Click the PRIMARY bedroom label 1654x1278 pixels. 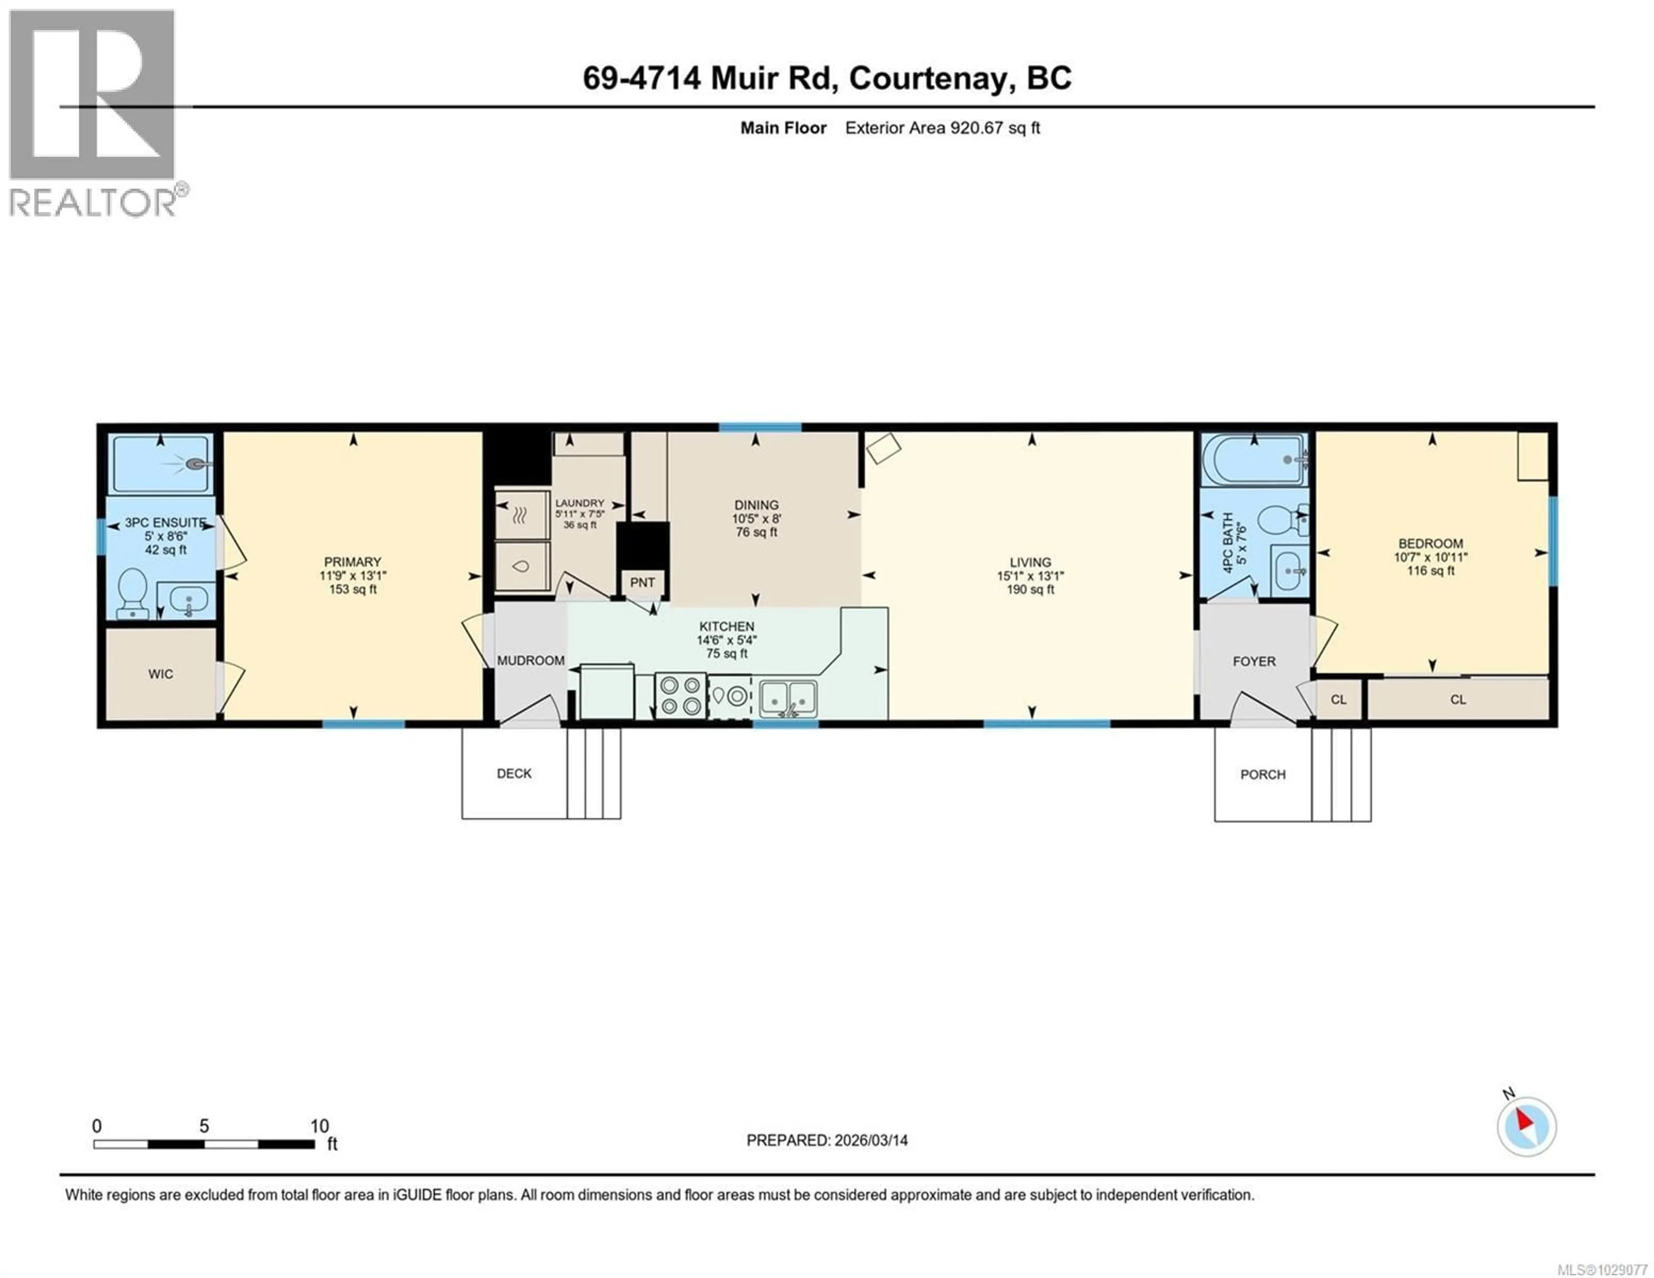coord(352,561)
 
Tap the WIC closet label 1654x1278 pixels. coord(161,674)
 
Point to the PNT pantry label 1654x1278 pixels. coord(642,582)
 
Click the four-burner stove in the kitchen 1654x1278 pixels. coord(680,696)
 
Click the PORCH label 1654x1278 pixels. coord(1262,774)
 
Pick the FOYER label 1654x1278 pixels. coord(1254,661)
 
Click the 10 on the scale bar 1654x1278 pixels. coord(320,1126)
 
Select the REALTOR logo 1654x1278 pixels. coord(93,114)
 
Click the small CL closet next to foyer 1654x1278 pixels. coord(1338,699)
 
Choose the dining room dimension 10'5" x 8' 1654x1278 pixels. coord(756,518)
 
